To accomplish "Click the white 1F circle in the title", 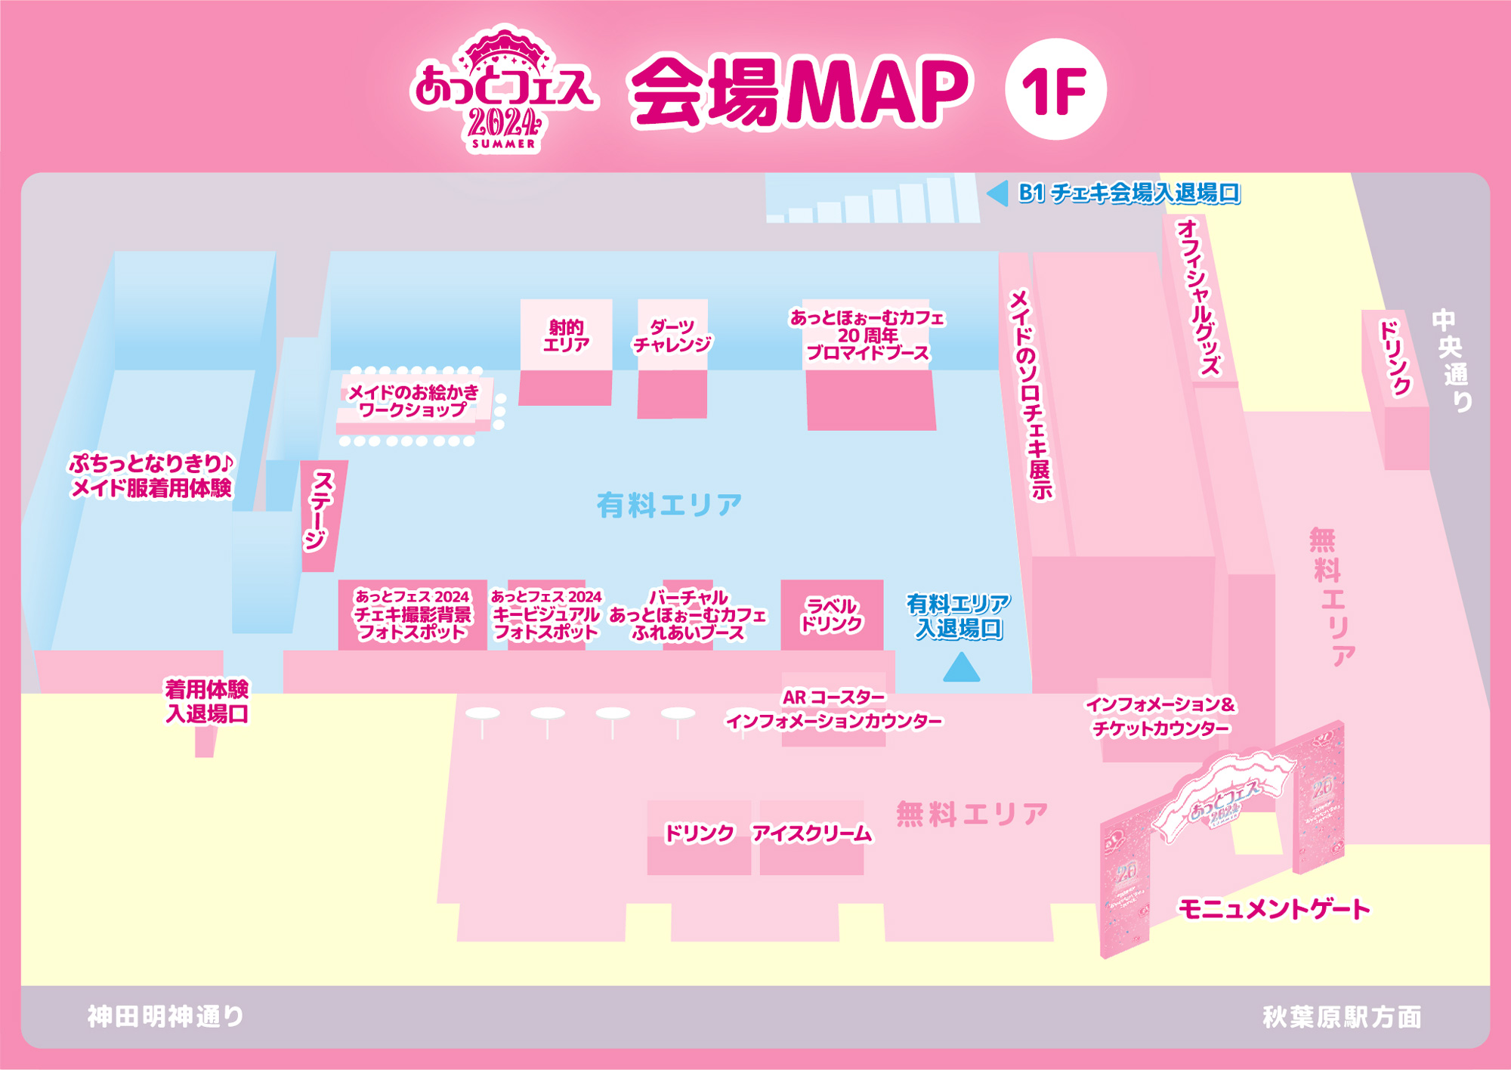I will point(1055,89).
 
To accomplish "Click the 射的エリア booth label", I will point(566,336).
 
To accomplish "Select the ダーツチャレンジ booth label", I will point(672,336).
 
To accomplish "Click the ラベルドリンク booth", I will point(831,615).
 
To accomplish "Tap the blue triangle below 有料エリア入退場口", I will point(961,668).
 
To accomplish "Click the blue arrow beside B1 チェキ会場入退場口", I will point(998,193).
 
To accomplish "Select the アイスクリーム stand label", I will point(811,833).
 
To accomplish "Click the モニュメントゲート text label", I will point(1274,909).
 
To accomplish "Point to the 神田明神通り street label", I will point(165,1016).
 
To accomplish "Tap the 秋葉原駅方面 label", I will point(1342,1017).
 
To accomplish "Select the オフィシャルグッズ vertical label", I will point(1199,297).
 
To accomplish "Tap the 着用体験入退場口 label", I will point(207,701).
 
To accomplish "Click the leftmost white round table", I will point(483,714).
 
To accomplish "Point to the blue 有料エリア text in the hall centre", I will point(669,505).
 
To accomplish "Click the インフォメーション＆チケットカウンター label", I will point(1160,716).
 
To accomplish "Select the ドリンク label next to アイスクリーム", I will point(699,833).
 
